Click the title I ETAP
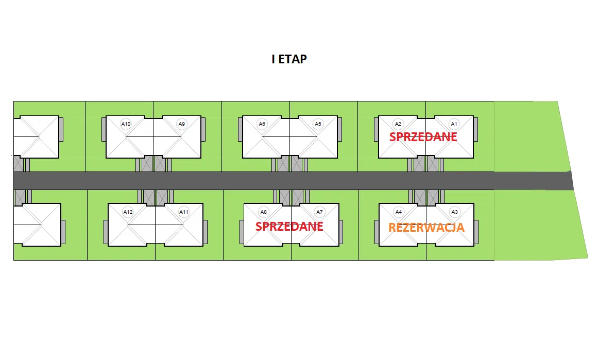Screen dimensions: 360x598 click(289, 59)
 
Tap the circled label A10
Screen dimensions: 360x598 click(126, 124)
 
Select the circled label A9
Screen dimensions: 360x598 click(181, 124)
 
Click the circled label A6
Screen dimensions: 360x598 click(262, 124)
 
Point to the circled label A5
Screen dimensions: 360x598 click(318, 124)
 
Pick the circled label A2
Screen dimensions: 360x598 click(398, 124)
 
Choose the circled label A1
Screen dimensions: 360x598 click(454, 124)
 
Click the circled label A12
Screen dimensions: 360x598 click(128, 212)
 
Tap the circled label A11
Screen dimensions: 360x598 click(183, 212)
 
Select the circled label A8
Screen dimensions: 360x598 click(264, 212)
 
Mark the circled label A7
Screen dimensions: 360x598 click(319, 212)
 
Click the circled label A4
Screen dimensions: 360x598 click(398, 212)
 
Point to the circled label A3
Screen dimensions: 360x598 click(454, 212)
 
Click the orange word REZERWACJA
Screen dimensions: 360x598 click(426, 228)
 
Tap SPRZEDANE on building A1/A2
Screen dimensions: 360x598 click(423, 137)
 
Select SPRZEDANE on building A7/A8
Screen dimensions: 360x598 click(289, 227)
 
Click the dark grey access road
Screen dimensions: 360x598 click(258, 181)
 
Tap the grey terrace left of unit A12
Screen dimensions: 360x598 click(106, 232)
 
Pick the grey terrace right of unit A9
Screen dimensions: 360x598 click(203, 129)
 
